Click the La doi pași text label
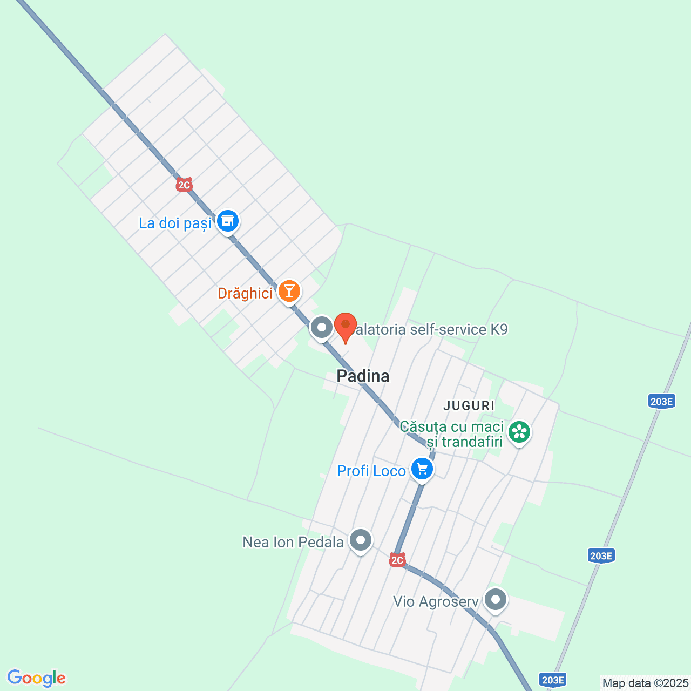click(x=175, y=223)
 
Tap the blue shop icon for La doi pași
click(x=228, y=221)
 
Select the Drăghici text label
click(x=245, y=293)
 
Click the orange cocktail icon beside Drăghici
click(x=289, y=292)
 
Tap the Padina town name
click(x=363, y=376)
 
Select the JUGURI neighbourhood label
click(x=469, y=405)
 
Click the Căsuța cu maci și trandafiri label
click(x=452, y=434)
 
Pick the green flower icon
click(x=519, y=432)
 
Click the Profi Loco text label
click(x=371, y=471)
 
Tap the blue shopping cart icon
click(x=422, y=469)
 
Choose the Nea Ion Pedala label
click(x=293, y=542)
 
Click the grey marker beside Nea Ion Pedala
click(x=361, y=540)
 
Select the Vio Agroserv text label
click(x=436, y=601)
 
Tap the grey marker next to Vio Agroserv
click(x=496, y=599)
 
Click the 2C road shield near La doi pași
click(x=184, y=185)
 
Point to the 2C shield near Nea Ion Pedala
click(x=397, y=560)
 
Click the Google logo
click(x=36, y=678)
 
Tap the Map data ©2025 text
click(x=645, y=683)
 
